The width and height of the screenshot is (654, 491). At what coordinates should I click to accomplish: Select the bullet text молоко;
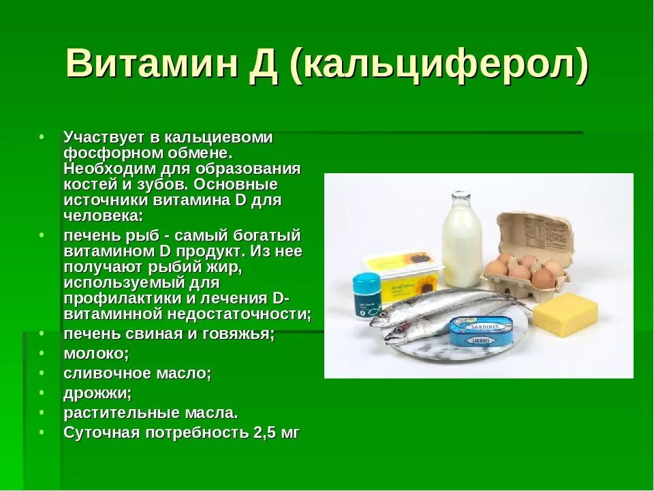(96, 353)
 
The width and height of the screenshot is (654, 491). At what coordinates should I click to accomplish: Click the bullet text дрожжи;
(97, 393)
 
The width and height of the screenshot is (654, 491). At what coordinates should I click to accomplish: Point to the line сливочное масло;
(138, 373)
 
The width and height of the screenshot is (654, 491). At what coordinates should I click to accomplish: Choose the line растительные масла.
(151, 413)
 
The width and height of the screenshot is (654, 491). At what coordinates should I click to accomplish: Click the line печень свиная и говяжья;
(169, 333)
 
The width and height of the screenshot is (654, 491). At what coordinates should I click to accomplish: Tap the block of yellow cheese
(565, 315)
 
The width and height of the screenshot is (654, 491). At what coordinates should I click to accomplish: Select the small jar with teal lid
(367, 296)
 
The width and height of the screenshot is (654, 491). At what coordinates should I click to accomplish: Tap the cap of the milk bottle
(461, 196)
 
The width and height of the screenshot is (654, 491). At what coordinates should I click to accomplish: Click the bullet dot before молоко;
(42, 353)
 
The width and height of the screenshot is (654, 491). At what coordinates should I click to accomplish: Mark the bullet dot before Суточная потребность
(42, 432)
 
